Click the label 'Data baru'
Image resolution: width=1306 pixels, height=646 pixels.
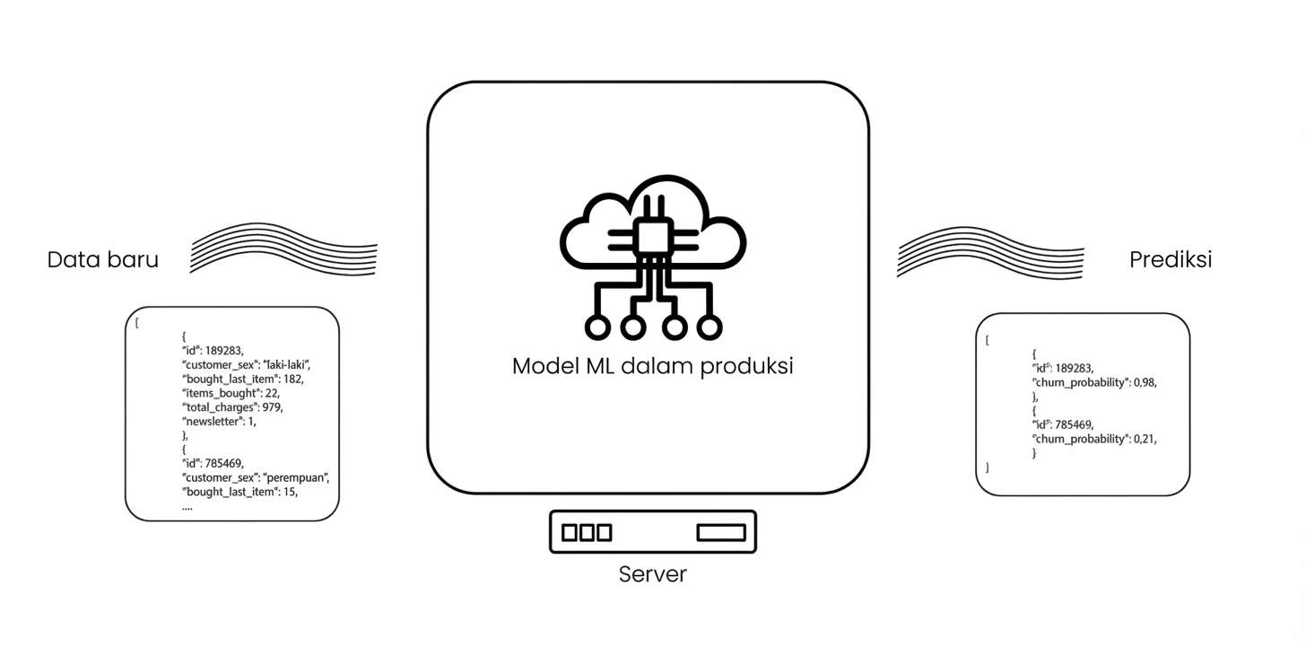point(102,260)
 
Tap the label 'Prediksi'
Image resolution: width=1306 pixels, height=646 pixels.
point(1170,260)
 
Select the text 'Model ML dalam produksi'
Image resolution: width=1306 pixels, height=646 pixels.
point(652,366)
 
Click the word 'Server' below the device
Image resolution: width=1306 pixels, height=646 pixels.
point(652,574)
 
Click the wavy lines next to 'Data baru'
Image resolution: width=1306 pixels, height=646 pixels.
point(283,249)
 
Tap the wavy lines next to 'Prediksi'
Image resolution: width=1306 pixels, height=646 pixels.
point(990,252)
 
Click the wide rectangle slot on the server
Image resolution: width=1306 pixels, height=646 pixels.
point(721,533)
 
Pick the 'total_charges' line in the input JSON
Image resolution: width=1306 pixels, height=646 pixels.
point(232,407)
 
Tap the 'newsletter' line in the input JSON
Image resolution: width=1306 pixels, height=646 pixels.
point(219,422)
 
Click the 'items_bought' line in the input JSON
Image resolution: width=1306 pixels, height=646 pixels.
point(231,393)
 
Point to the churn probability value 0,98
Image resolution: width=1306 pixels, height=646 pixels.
point(1145,382)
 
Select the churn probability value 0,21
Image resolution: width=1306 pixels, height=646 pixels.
point(1145,439)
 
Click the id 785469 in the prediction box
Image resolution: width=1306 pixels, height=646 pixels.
point(1075,424)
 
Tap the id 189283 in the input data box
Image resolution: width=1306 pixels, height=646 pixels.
point(224,351)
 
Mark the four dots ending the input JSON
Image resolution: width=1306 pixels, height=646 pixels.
point(187,507)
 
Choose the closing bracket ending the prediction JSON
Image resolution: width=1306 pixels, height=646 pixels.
point(988,467)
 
